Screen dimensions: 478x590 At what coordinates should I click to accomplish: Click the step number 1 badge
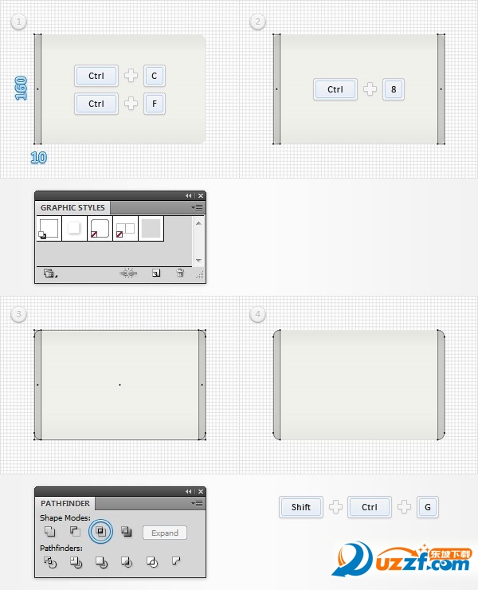[19, 22]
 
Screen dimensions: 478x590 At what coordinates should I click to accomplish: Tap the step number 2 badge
[257, 22]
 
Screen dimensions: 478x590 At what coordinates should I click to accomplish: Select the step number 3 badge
[19, 314]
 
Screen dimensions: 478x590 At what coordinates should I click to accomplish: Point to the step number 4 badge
[257, 314]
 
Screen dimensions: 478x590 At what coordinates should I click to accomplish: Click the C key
[155, 76]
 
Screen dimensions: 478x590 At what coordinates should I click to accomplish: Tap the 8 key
[394, 89]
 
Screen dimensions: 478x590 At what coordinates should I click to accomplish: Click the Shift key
[301, 507]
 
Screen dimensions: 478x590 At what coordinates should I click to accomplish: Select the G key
[428, 507]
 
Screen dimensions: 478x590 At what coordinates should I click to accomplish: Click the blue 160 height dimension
[21, 88]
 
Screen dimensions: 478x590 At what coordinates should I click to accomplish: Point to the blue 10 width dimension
[39, 157]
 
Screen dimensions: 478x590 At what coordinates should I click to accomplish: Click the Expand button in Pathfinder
[165, 533]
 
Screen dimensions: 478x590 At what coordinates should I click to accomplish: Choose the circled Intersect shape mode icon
[100, 531]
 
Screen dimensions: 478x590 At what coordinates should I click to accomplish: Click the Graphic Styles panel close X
[201, 195]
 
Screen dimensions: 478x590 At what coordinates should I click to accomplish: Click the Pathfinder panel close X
[201, 491]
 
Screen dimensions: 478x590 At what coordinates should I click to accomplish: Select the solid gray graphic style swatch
[151, 228]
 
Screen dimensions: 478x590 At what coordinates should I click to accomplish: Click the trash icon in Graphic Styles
[180, 273]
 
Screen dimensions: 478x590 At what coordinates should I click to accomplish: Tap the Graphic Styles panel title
[72, 208]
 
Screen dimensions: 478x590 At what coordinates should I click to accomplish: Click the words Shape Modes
[65, 517]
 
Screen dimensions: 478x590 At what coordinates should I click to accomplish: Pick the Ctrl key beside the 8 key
[335, 89]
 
